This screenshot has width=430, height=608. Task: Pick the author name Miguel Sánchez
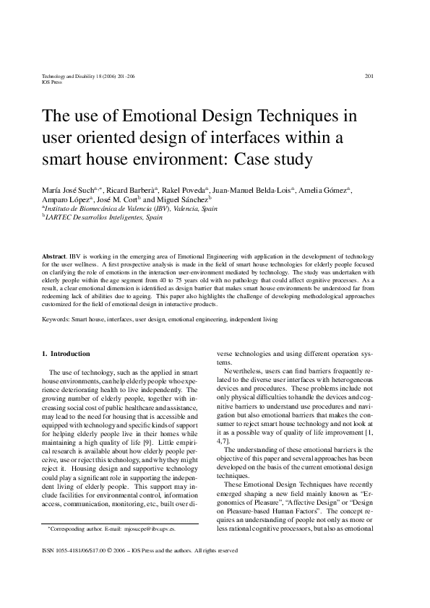point(184,199)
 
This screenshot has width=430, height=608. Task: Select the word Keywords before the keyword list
point(57,318)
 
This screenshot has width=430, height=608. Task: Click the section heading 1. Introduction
point(66,354)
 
